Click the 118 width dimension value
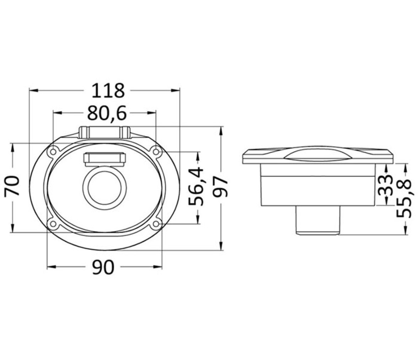108,90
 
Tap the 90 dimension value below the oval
103,268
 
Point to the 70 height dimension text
12,186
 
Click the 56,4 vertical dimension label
196,186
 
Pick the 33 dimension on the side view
386,185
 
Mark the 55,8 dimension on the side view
404,198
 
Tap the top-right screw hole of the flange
156,152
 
